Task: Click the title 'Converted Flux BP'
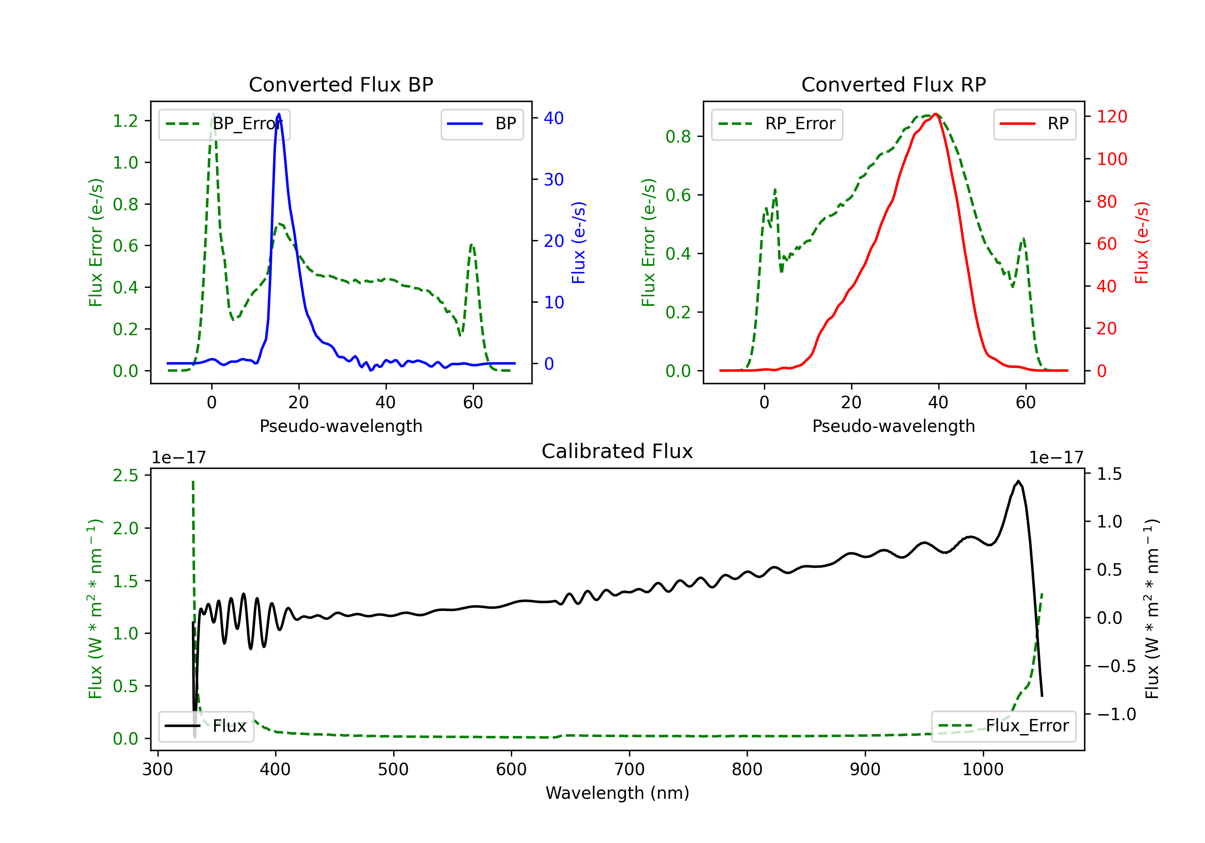coord(341,84)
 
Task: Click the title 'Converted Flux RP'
coord(894,84)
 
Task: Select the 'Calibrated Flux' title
coord(617,451)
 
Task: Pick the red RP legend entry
coord(1034,124)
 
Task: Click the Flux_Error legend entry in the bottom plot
coord(1003,726)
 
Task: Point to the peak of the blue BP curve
coord(279,114)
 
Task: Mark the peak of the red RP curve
coord(935,114)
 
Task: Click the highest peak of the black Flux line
coord(1018,481)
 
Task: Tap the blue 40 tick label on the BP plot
coord(553,118)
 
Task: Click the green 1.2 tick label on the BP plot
coord(125,121)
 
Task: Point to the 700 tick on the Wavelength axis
coord(629,770)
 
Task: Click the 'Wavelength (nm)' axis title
coord(617,793)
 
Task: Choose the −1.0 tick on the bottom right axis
coord(1116,715)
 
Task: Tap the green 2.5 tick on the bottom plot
coord(125,476)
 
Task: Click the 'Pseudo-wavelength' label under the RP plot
coord(894,426)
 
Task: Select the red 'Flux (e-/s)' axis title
coord(1142,243)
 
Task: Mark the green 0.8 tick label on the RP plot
coord(678,137)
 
